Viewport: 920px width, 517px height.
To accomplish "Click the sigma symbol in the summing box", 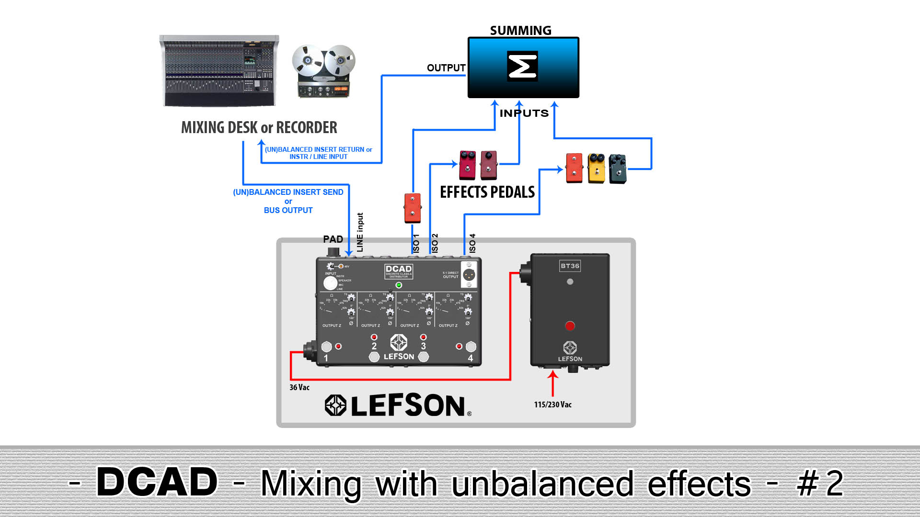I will (522, 66).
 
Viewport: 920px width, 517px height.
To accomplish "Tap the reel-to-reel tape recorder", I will (324, 71).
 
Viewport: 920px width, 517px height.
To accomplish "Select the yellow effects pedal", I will (596, 168).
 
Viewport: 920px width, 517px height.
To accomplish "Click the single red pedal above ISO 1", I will (412, 208).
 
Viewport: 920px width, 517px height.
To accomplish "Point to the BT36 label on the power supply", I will (570, 266).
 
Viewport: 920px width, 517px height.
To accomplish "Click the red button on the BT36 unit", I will (570, 326).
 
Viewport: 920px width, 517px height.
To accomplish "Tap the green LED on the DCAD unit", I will (399, 285).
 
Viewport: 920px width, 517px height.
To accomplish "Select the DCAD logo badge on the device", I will (399, 271).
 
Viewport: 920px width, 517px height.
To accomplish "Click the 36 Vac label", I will (299, 387).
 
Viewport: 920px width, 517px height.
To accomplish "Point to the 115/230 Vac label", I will (552, 405).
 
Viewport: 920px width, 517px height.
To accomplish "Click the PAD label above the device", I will (333, 239).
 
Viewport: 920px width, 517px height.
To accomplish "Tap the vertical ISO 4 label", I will (472, 243).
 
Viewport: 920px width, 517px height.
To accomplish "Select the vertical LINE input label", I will (360, 232).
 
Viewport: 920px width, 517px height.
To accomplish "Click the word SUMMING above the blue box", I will (520, 30).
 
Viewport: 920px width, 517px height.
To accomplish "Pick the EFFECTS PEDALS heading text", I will (487, 192).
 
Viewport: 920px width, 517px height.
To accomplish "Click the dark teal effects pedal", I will (618, 169).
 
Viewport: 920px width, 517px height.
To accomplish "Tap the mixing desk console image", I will (219, 71).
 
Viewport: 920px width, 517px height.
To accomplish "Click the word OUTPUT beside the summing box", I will (446, 68).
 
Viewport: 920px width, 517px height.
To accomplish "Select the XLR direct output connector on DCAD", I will (469, 275).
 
